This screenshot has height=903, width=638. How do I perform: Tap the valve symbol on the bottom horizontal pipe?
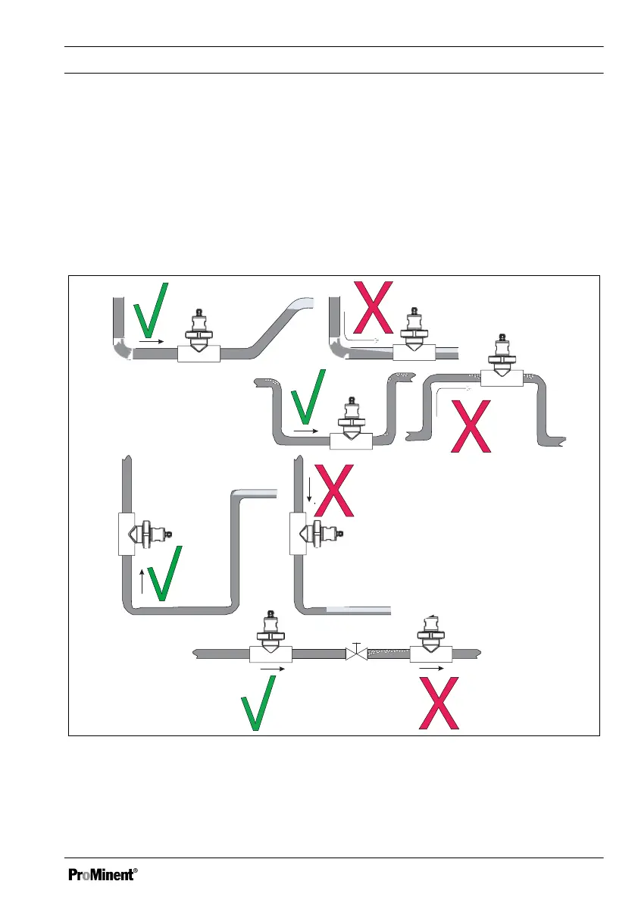(x=355, y=652)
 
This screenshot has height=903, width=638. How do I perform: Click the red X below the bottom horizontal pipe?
(x=441, y=704)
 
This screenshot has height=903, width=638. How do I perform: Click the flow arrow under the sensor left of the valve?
(x=272, y=669)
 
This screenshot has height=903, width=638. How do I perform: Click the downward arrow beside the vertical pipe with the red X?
(x=310, y=491)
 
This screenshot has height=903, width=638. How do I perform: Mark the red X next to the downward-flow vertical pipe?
(x=334, y=491)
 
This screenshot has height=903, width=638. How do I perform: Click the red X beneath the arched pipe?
(x=470, y=425)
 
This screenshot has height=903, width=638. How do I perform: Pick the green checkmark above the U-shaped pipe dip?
(x=309, y=397)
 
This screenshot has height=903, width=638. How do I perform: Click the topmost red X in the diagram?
(x=375, y=309)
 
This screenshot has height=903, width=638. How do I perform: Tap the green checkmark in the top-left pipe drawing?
(x=150, y=311)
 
